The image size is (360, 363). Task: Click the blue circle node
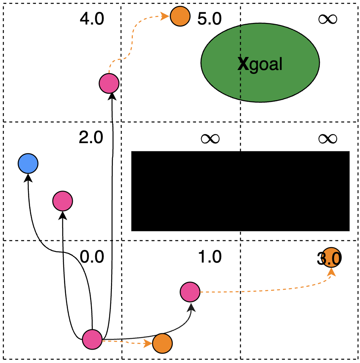click(28, 163)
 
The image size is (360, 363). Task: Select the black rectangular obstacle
click(240, 191)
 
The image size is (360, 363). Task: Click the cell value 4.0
click(92, 19)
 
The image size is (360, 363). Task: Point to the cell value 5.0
click(209, 19)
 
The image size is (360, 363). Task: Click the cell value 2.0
click(91, 138)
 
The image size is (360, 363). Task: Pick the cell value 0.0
click(92, 257)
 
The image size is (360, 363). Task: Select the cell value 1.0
click(209, 257)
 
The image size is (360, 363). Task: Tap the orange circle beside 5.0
click(180, 17)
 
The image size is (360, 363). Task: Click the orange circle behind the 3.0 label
click(330, 257)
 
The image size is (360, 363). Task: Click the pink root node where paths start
click(92, 339)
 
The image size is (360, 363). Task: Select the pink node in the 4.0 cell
click(109, 83)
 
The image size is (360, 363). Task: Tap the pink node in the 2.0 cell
click(62, 201)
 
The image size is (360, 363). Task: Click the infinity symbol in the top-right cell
click(328, 19)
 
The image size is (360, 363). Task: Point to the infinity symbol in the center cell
click(209, 138)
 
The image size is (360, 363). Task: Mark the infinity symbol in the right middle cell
click(328, 138)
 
